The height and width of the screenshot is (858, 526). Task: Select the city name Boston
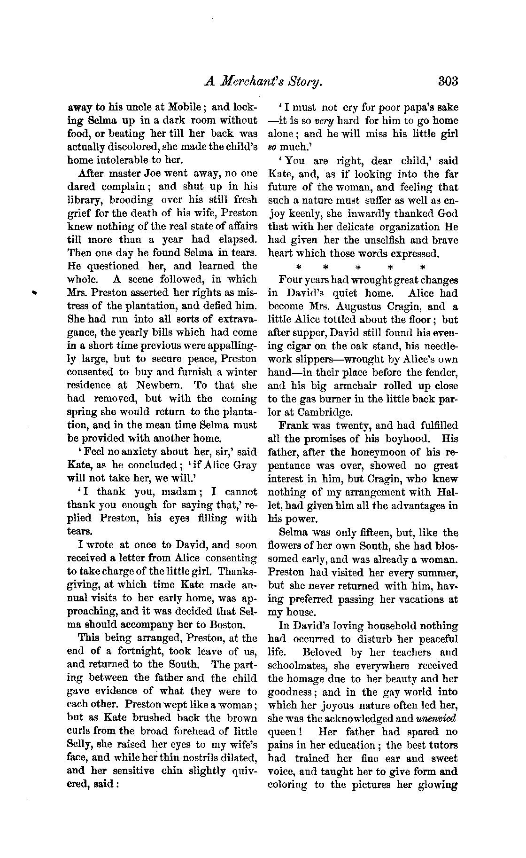pos(230,625)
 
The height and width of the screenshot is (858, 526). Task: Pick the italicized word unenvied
pos(436,718)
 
